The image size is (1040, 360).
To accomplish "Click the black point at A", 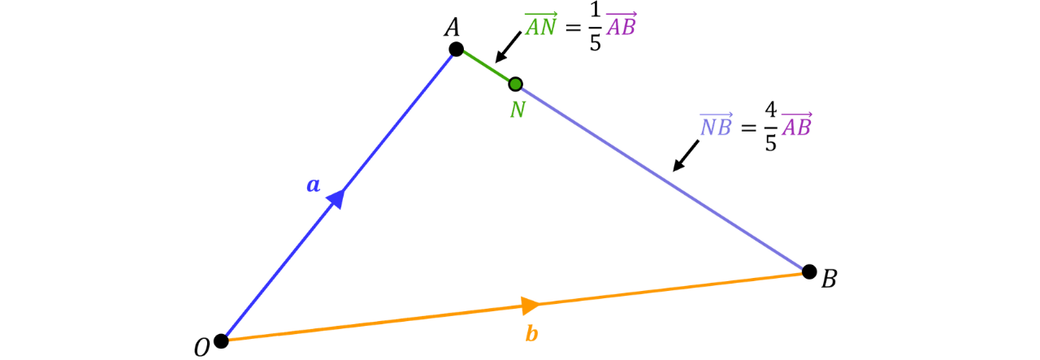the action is click(x=456, y=49).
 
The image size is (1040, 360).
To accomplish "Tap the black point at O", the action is click(x=221, y=341).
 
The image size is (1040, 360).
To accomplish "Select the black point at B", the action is click(x=809, y=271).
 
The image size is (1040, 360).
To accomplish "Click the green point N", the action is click(x=515, y=84).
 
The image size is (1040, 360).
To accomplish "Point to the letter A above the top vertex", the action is click(x=452, y=27).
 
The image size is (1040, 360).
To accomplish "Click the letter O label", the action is click(x=202, y=348).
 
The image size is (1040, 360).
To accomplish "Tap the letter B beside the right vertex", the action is click(x=830, y=279).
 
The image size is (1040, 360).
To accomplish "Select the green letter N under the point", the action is click(x=518, y=110).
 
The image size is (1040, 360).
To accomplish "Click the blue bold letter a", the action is click(x=314, y=185).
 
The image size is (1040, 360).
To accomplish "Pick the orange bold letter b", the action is click(x=531, y=333).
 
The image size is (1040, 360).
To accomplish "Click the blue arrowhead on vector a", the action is click(x=336, y=198).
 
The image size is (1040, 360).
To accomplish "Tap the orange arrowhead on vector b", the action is click(x=531, y=306).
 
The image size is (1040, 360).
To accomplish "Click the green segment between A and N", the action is click(x=486, y=67).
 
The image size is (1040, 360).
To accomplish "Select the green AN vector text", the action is click(x=541, y=25).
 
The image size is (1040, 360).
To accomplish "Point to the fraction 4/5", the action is click(x=771, y=126).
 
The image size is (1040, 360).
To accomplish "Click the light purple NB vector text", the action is click(x=717, y=124).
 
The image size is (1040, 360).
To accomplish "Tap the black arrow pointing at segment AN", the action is click(x=508, y=47).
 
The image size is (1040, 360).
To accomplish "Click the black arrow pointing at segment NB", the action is click(x=686, y=155).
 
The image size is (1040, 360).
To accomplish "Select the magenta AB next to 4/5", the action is click(x=797, y=124).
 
